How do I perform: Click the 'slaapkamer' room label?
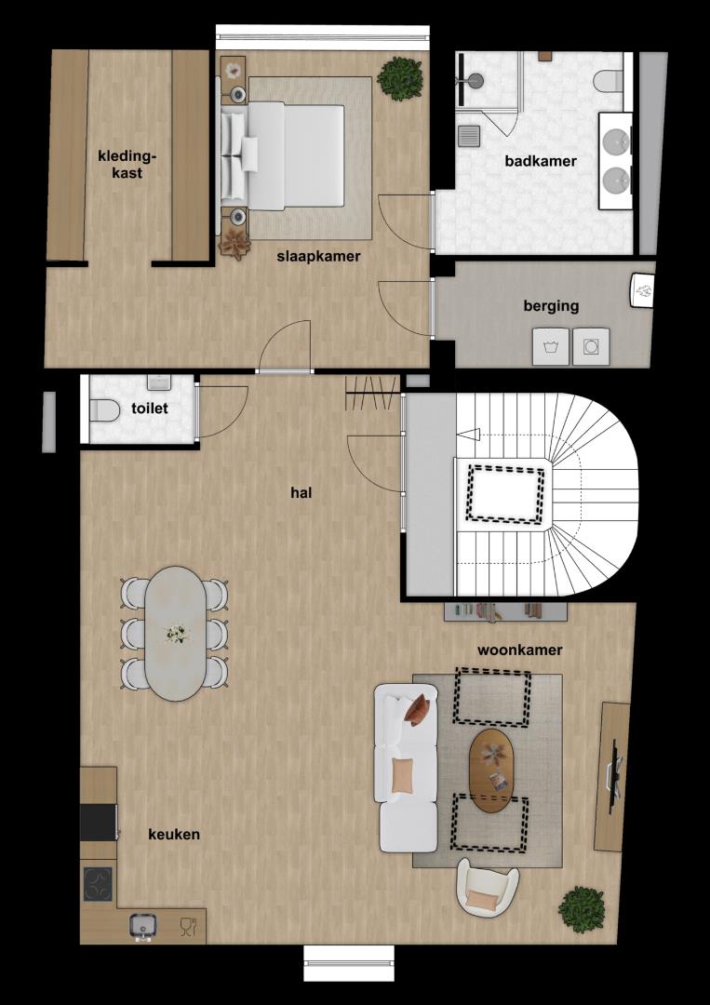pos(318,257)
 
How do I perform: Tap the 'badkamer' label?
pos(541,161)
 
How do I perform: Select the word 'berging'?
pos(551,306)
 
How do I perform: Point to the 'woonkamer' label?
pos(519,650)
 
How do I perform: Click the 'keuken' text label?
pos(174,835)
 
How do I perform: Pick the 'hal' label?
pos(301,493)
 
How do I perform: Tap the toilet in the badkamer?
pos(609,82)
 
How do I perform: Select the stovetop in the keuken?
pos(98,885)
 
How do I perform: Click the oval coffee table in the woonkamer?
pos(491,770)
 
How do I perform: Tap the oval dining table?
pos(175,634)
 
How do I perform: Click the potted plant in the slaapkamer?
pos(400,79)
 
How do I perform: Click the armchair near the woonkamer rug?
pos(488,886)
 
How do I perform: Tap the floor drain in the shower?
pos(470,136)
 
